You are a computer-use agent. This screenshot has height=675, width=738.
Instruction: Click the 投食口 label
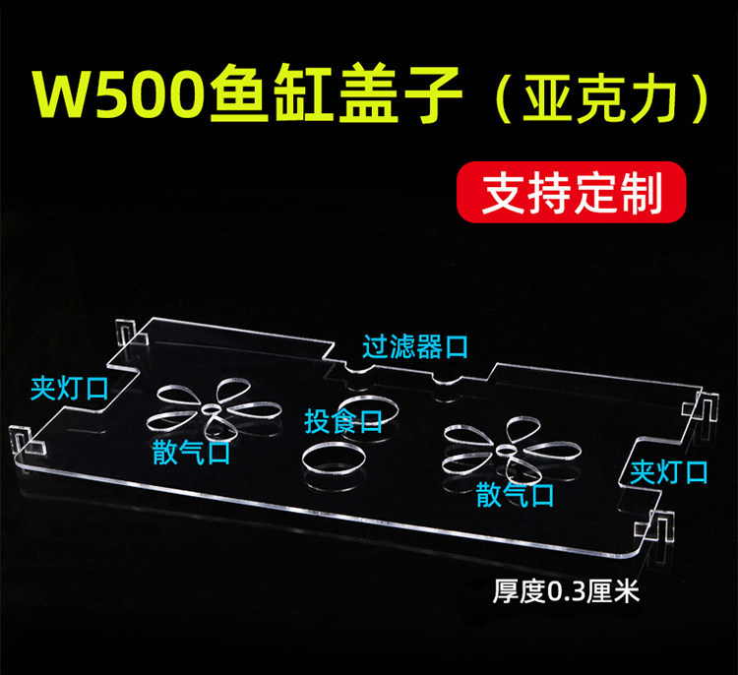coord(342,422)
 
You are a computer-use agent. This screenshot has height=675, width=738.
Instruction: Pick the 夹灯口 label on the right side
coord(669,472)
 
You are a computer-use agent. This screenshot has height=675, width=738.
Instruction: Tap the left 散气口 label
coord(191,453)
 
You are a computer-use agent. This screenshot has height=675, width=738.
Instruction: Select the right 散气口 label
coord(515,495)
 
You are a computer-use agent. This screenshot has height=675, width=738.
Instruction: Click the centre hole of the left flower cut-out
coord(213,410)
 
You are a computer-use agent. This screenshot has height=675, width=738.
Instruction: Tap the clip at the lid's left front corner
coord(28,440)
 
